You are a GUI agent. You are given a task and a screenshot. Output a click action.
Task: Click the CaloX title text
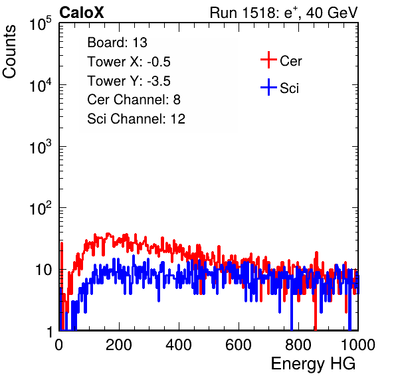(x=82, y=13)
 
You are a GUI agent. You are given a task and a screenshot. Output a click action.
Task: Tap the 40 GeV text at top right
(x=332, y=13)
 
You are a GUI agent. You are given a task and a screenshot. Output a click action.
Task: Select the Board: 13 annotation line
(x=117, y=43)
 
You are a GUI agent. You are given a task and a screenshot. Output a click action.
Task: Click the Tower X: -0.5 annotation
(x=129, y=62)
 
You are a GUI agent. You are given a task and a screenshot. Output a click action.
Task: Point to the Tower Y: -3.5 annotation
(x=129, y=81)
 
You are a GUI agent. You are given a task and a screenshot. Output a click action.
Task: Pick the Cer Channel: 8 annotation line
(x=134, y=100)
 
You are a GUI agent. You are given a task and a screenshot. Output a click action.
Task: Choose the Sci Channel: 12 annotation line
(x=136, y=119)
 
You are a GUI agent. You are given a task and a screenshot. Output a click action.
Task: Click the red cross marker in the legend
(x=268, y=60)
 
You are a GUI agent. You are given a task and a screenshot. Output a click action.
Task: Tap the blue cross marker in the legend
(x=268, y=88)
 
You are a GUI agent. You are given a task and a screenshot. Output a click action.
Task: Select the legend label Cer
(x=290, y=61)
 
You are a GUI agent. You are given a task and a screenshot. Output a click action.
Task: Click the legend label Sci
(x=290, y=88)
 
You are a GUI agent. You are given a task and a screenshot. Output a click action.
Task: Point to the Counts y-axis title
(x=9, y=52)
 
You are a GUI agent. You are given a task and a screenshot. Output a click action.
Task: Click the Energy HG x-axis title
(x=313, y=364)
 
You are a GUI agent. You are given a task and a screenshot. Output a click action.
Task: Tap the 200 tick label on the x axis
(x=119, y=345)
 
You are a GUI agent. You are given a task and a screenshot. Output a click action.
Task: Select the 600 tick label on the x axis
(x=239, y=345)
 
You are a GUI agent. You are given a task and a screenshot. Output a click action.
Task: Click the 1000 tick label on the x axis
(x=358, y=345)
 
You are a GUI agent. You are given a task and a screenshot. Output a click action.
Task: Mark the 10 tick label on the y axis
(x=44, y=270)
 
